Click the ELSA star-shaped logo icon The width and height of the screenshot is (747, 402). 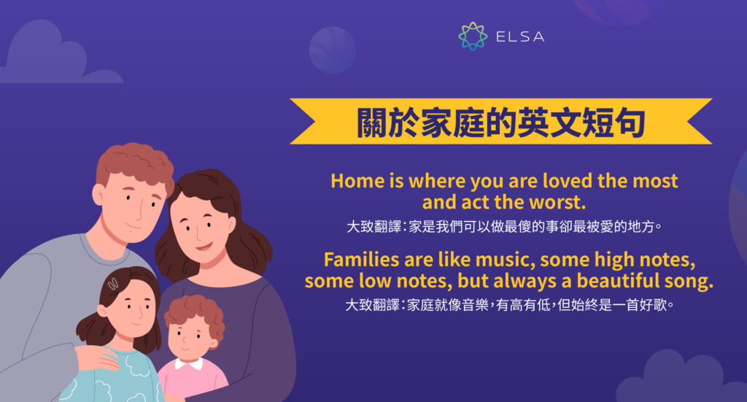pyautogui.click(x=473, y=36)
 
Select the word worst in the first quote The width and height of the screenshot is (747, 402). pyautogui.click(x=562, y=201)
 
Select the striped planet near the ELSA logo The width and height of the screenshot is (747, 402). pyautogui.click(x=332, y=49)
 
